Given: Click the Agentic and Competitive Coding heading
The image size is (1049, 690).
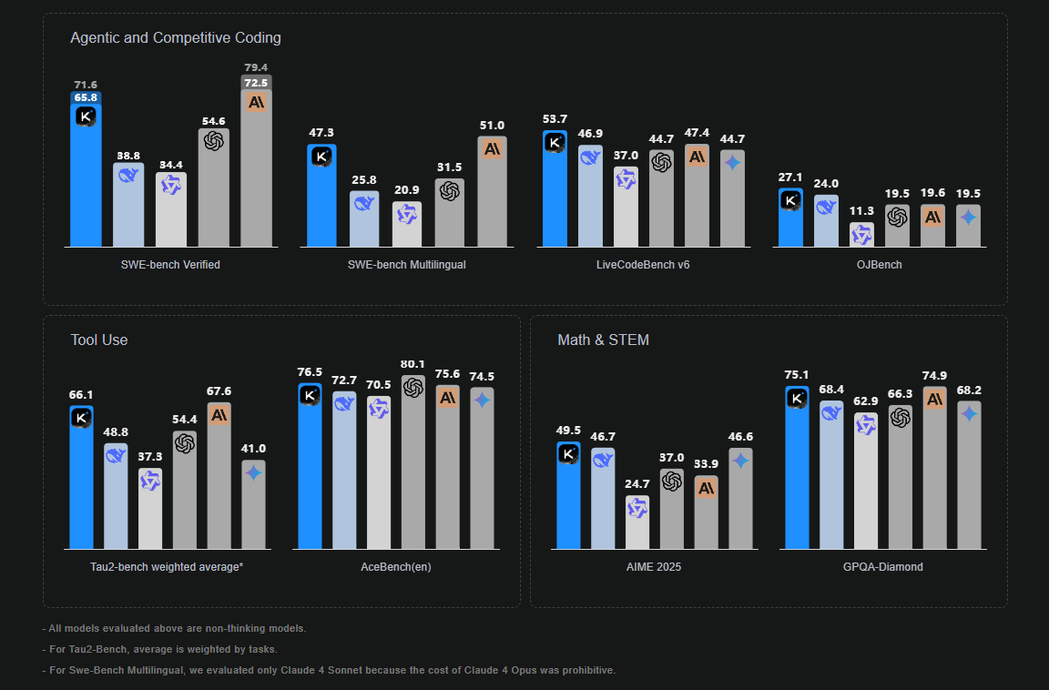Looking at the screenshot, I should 176,38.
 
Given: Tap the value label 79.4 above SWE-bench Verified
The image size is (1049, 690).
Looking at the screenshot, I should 256,67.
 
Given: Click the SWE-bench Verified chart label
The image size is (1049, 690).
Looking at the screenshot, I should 170,265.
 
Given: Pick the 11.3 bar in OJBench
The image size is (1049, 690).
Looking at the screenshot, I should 861,236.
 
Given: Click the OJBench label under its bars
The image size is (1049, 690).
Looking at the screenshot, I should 880,265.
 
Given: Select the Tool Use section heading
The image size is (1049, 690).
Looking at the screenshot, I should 99,340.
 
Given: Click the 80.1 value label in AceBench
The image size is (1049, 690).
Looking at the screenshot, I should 413,364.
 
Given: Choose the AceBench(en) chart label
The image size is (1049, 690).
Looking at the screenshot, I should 395,567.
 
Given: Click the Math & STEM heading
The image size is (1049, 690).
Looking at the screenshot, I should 603,340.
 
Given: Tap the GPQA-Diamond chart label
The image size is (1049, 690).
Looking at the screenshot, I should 881,567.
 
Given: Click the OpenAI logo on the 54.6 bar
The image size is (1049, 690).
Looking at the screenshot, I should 214,141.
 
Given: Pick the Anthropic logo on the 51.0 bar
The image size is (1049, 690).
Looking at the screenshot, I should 493,148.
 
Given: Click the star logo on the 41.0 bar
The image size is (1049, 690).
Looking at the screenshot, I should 253,473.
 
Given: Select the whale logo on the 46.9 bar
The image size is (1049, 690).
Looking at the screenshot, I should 590,157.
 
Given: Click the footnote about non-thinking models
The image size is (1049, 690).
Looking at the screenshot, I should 174,628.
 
